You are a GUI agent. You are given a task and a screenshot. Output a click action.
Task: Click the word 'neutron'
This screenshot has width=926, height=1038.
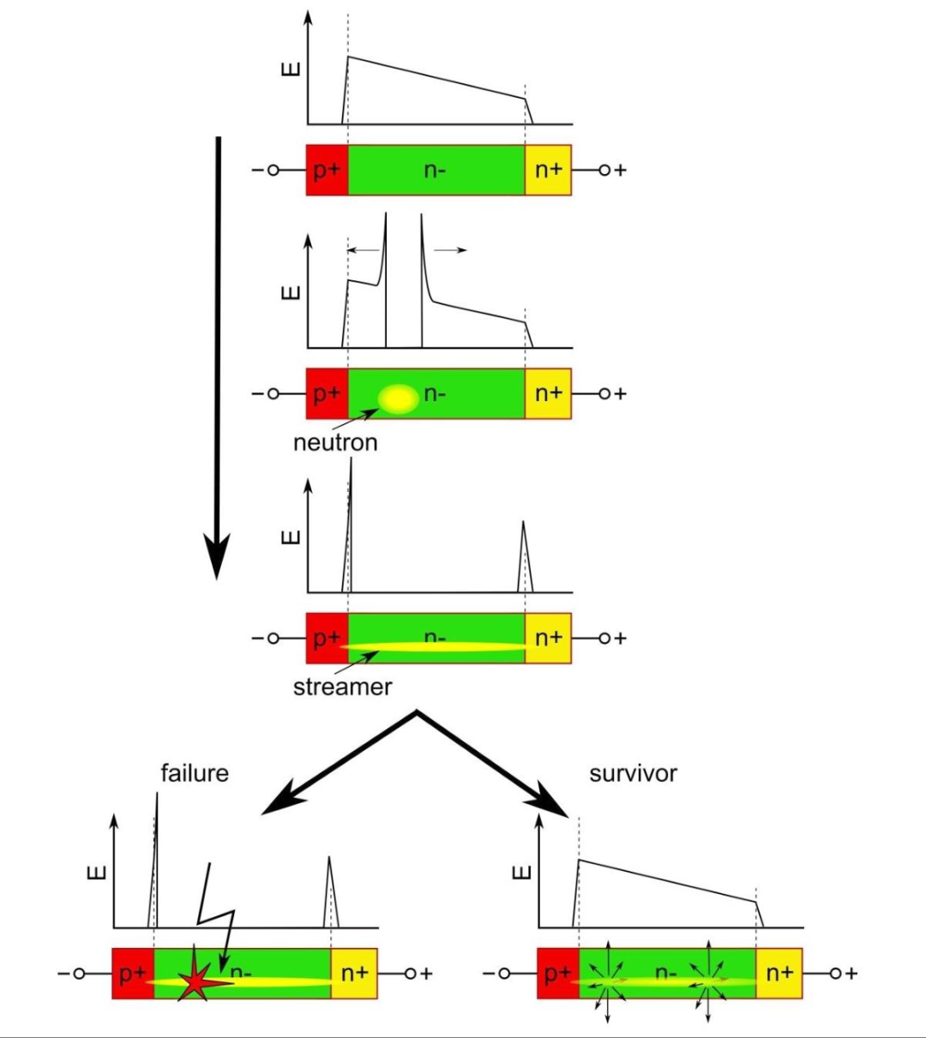335,442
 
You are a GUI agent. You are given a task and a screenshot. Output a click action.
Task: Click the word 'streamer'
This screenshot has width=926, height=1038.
342,687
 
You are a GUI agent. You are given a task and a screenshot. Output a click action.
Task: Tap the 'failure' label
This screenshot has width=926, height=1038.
195,773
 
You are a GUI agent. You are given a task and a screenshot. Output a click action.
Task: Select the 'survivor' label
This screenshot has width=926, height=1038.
633,774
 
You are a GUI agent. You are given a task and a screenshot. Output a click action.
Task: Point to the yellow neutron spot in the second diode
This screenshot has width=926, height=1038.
399,399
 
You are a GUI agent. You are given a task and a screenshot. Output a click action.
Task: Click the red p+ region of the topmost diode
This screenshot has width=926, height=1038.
327,170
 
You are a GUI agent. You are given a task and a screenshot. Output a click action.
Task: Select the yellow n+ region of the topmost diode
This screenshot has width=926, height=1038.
548,170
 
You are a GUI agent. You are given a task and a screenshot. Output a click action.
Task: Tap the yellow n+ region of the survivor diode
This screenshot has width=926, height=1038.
779,974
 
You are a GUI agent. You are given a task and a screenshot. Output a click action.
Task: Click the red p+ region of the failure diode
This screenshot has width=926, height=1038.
133,974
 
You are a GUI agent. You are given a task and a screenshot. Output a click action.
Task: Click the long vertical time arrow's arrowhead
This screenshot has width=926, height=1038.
217,556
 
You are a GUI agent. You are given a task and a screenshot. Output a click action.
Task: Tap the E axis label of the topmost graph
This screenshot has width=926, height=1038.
291,69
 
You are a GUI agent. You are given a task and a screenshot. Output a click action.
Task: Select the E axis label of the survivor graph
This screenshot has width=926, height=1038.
521,872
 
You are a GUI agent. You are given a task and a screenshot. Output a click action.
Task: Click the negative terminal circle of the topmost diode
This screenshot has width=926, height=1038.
274,170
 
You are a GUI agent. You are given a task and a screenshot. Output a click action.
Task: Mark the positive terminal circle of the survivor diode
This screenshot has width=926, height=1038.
835,974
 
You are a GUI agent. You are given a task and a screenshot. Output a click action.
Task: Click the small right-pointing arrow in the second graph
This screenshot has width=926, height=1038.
450,250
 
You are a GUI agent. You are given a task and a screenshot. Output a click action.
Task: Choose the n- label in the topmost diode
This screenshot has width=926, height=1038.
435,170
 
